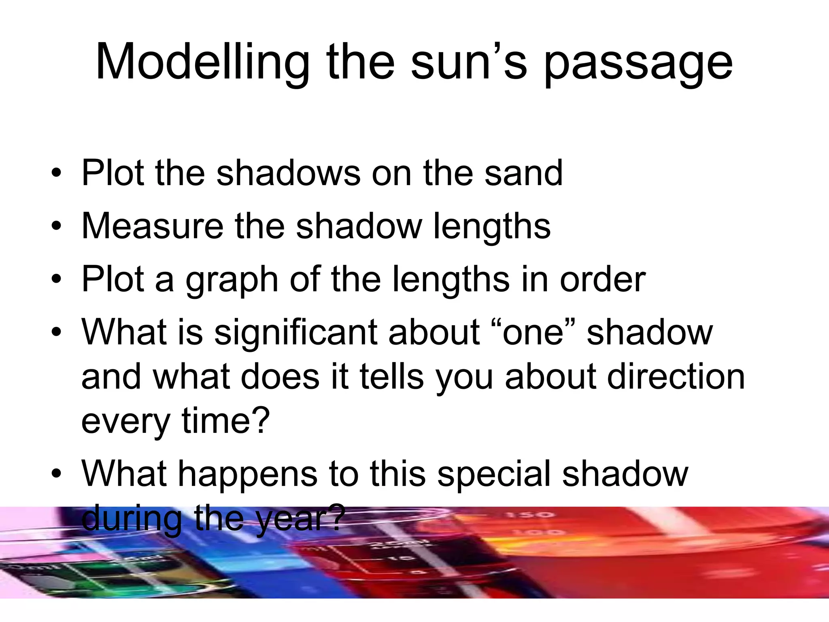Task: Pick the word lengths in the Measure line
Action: coord(491,227)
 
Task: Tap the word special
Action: coord(494,475)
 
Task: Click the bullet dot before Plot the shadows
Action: coord(56,174)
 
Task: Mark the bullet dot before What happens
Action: coord(56,474)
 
